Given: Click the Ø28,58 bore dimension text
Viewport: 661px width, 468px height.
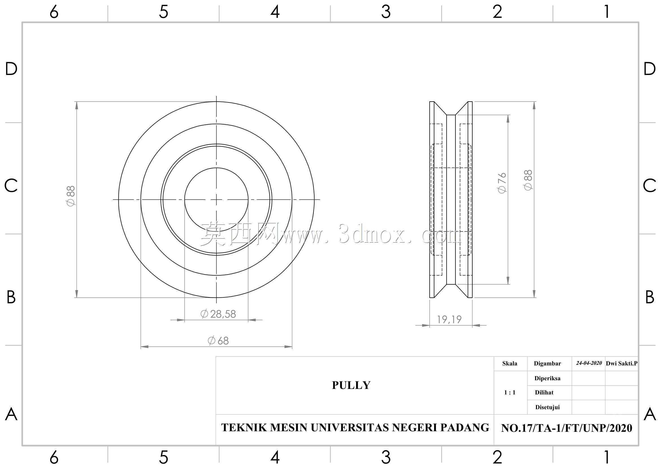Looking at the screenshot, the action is click(218, 314).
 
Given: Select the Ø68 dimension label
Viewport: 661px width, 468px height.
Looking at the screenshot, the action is click(218, 341).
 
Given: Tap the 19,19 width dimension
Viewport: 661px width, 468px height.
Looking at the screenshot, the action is click(449, 319).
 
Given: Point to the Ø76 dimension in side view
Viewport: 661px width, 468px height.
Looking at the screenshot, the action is click(502, 183).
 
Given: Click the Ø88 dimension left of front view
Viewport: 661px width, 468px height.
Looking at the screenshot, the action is click(71, 196).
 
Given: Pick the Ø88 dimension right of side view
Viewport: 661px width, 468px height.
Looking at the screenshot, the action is click(528, 180).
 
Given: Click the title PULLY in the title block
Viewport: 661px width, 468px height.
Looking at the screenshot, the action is click(351, 385).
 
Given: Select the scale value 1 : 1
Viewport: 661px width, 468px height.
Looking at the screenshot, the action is click(510, 392).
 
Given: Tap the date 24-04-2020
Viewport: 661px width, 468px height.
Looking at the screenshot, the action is click(589, 363).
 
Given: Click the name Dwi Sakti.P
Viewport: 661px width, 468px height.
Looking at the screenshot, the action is click(621, 363).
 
